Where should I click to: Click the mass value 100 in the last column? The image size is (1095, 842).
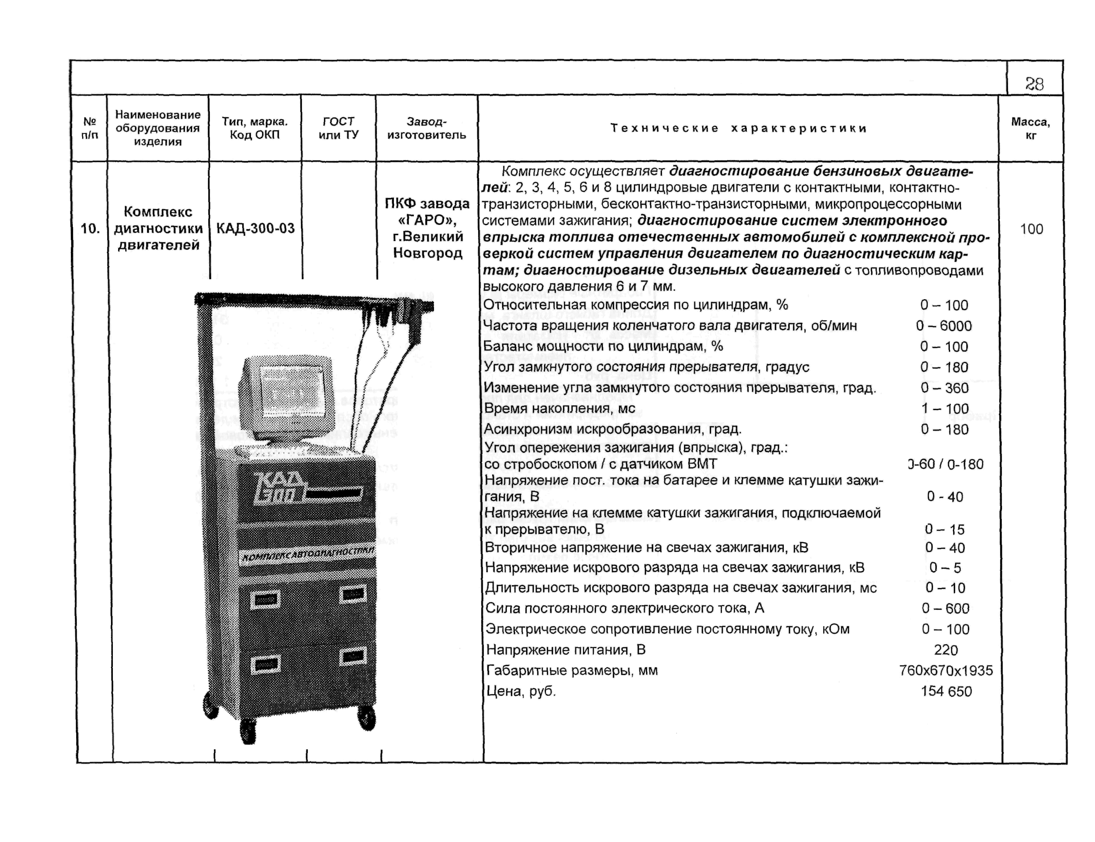pos(1031,229)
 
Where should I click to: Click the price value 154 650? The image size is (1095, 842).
pos(946,691)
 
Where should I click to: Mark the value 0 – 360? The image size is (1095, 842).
pos(944,388)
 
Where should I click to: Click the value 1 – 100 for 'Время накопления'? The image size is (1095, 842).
pos(944,409)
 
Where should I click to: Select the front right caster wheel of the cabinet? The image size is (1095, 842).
pos(366,718)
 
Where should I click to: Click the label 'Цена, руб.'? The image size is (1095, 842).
pos(521,691)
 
